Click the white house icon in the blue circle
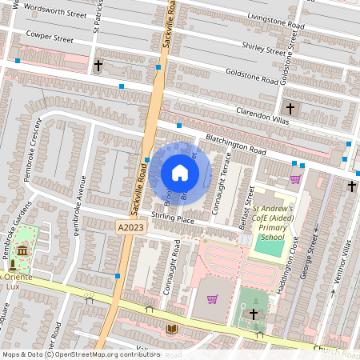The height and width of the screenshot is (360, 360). coord(180,172)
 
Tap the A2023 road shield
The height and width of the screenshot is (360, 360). coord(127,227)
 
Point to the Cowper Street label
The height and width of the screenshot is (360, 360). coord(49,37)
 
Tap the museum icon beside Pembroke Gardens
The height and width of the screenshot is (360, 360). coord(20,252)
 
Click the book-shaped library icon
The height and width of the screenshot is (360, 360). coord(172,329)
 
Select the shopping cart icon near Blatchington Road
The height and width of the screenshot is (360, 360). coord(295,178)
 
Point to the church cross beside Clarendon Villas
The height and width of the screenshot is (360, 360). coord(290,108)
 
